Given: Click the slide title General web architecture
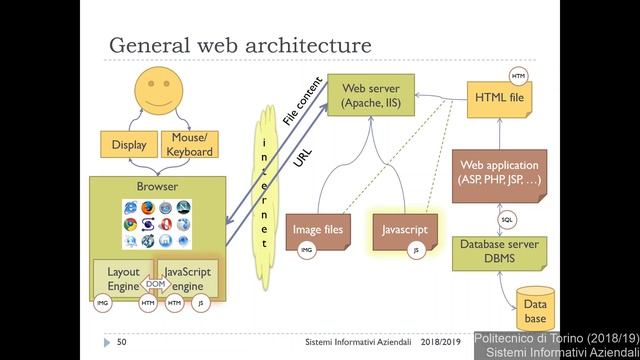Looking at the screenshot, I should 240,46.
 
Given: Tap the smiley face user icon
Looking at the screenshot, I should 160,92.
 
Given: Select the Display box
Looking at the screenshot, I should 128,145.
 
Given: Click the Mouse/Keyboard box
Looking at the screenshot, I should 189,145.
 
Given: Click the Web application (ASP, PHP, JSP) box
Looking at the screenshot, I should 499,172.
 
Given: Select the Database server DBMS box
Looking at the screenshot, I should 499,251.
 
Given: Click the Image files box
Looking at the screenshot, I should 317,230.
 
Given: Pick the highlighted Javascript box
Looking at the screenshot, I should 404,230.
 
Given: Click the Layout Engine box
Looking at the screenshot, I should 122,277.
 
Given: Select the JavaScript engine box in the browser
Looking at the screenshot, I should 187,277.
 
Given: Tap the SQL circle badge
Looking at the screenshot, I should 507,219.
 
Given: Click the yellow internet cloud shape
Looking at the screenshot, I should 264,190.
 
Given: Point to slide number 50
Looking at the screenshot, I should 121,343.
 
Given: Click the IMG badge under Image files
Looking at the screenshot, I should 306,251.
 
